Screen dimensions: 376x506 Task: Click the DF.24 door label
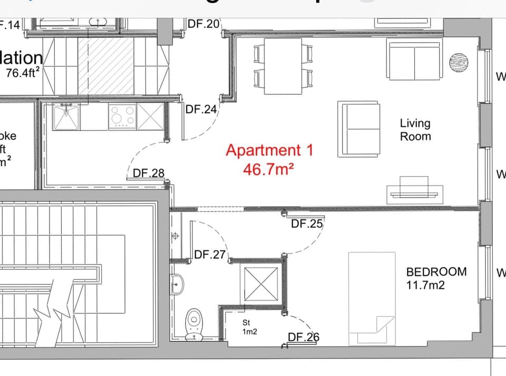coord(201,110)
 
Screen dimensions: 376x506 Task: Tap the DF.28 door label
coord(149,173)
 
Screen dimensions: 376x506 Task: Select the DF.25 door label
coord(307,224)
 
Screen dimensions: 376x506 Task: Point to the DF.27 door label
coord(210,255)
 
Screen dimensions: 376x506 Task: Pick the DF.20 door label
coord(203,24)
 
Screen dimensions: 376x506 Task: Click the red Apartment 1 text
coord(269,151)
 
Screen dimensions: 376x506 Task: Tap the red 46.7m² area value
coord(268,169)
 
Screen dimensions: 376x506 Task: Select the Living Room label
coord(415,130)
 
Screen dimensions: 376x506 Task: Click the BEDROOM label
coord(436,272)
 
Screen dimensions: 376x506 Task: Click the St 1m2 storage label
coord(249,326)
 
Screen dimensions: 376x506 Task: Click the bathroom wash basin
coord(177,285)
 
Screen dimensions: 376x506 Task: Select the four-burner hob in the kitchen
coord(122,116)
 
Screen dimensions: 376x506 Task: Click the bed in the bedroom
coord(372,299)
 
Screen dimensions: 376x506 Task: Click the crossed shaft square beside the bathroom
coord(259,283)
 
